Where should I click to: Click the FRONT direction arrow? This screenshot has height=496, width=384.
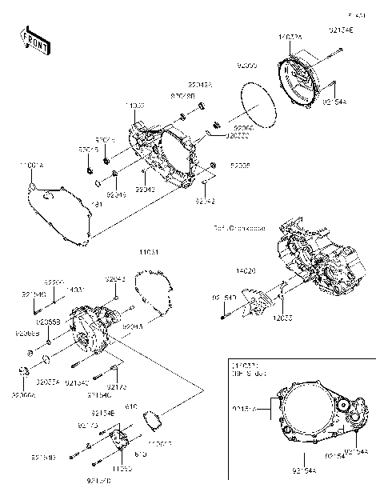34,40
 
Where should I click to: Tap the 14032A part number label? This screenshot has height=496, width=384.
291,37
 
